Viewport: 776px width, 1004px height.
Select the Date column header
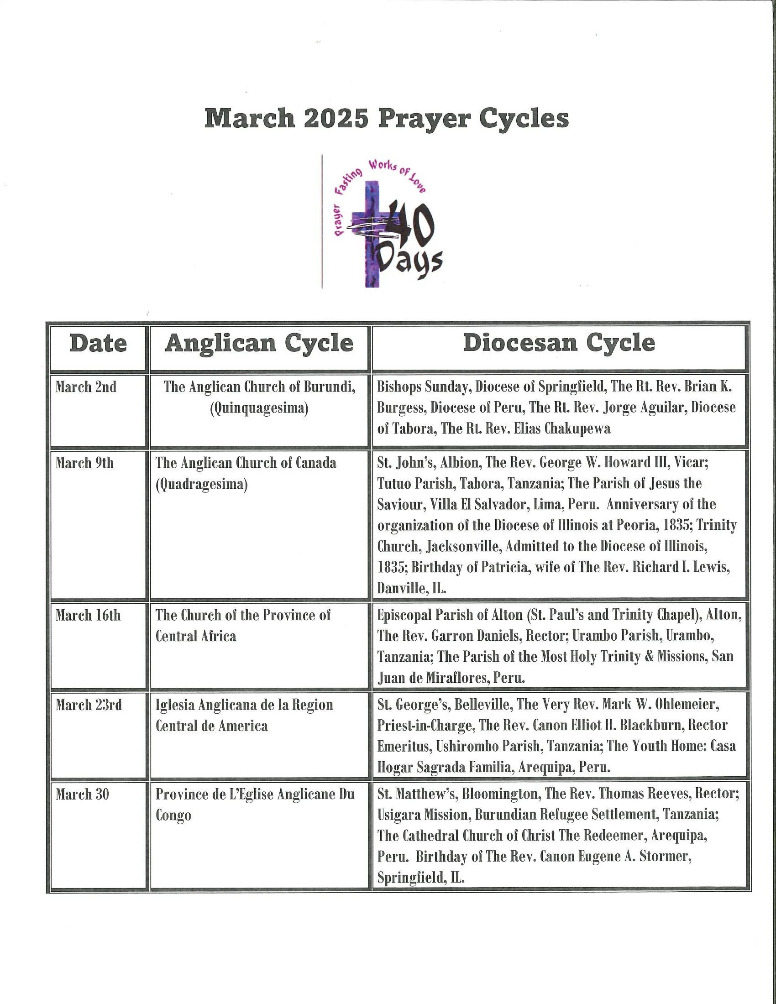[98, 344]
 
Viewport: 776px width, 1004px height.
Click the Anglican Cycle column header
[259, 343]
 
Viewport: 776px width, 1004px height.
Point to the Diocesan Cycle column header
[559, 343]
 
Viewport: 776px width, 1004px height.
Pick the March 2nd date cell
[86, 387]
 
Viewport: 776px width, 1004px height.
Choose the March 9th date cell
[84, 463]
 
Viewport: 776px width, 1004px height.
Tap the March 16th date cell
[88, 615]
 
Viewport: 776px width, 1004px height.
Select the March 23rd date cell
[89, 705]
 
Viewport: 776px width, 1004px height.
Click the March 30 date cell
[83, 795]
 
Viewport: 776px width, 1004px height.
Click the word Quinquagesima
[259, 408]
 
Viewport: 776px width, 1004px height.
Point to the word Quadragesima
[201, 485]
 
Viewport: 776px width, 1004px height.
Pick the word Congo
[173, 816]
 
